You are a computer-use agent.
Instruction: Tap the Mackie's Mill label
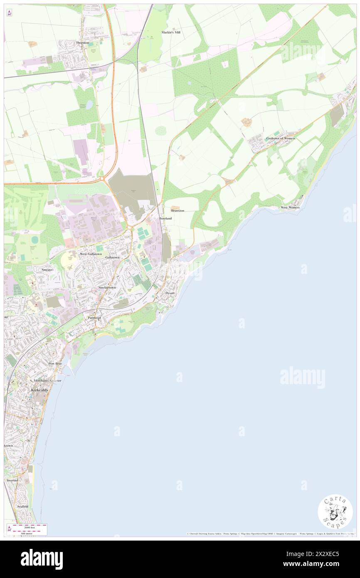pyautogui.click(x=171, y=32)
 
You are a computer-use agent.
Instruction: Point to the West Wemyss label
pyautogui.click(x=290, y=207)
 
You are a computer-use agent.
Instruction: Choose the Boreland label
pyautogui.click(x=165, y=218)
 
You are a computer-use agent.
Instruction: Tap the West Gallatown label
pyautogui.click(x=91, y=254)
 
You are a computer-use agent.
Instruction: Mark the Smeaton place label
pyautogui.click(x=48, y=269)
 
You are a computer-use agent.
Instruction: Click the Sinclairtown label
pyautogui.click(x=107, y=287)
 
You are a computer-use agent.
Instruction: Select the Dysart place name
pyautogui.click(x=170, y=293)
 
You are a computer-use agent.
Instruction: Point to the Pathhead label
pyautogui.click(x=94, y=317)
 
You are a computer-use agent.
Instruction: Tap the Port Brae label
pyautogui.click(x=55, y=363)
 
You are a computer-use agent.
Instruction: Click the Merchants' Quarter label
pyautogui.click(x=47, y=380)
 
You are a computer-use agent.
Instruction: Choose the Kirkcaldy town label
pyautogui.click(x=40, y=390)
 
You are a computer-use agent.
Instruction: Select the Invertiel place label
pyautogui.click(x=12, y=480)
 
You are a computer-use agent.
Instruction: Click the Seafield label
pyautogui.click(x=22, y=506)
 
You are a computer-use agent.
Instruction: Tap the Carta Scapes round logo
pyautogui.click(x=335, y=513)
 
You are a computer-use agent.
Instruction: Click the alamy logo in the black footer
pyautogui.click(x=42, y=559)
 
